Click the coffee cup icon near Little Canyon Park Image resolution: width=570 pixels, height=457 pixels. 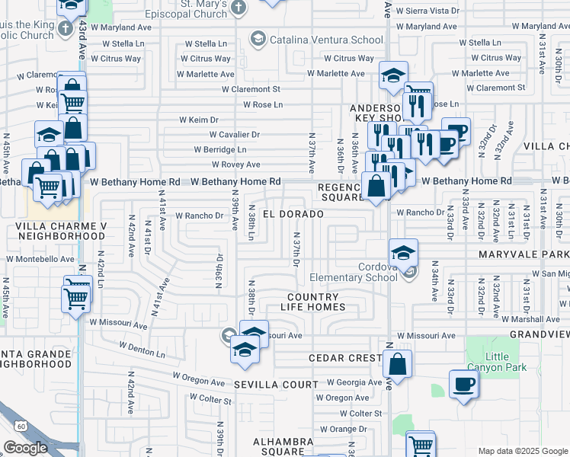463,384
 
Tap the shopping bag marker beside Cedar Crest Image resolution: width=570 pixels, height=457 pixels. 397,364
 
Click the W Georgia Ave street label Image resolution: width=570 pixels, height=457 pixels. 354,382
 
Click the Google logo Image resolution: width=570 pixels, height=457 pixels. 25,449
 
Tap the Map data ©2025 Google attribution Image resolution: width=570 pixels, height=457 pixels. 522,451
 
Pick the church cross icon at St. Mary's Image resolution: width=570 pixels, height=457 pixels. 239,8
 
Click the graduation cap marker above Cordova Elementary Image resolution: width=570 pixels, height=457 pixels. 403,252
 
